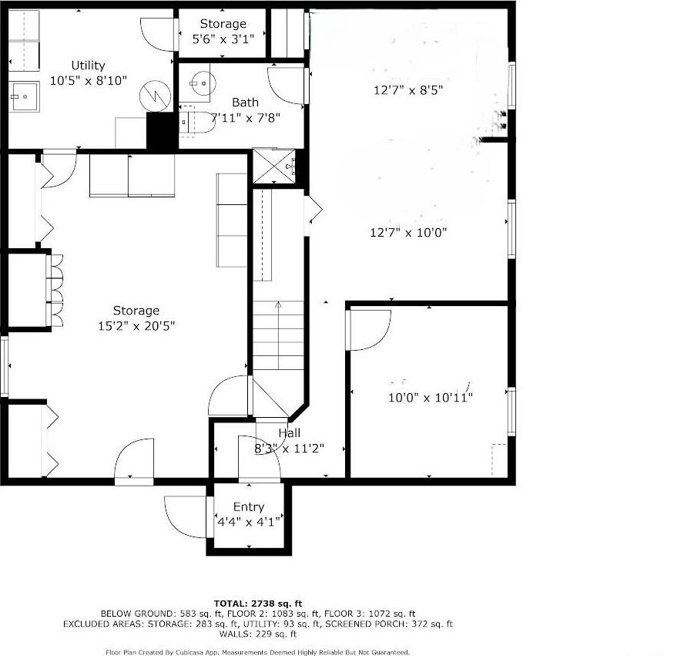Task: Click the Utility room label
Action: (88, 66)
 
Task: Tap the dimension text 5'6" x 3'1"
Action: (223, 38)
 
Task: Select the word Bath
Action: (245, 103)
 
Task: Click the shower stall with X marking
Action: (273, 166)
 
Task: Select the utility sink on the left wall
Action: (25, 96)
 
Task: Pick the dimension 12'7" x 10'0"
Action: (408, 231)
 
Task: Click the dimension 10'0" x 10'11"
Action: (429, 397)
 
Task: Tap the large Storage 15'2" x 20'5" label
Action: (136, 318)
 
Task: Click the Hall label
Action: (289, 433)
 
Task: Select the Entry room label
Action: (248, 506)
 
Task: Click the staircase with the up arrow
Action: (278, 335)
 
